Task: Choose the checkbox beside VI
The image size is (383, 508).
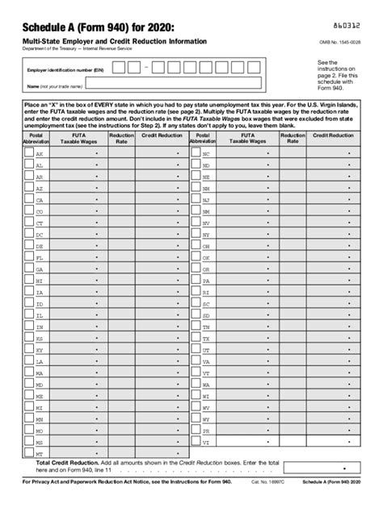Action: coord(195,442)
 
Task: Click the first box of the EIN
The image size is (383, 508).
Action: coord(119,67)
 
